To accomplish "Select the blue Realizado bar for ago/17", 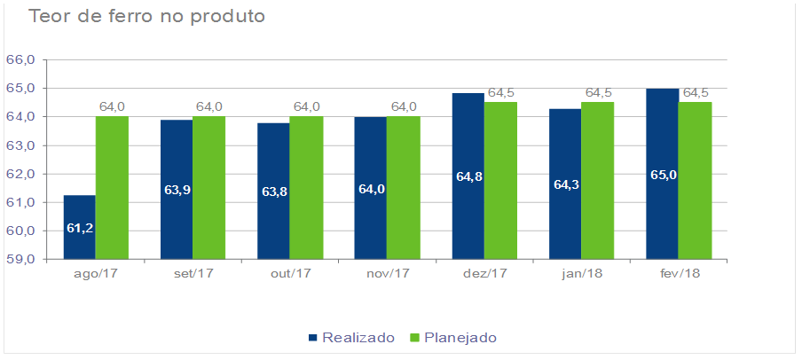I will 79,227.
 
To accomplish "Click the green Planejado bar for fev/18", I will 695,181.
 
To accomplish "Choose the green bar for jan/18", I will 597,181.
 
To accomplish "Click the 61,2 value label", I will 80,228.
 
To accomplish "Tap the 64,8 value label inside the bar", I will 468,176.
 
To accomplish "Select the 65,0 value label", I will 663,175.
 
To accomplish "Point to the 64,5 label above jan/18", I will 598,93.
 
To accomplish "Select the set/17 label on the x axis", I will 193,273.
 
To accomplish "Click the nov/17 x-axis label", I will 387,273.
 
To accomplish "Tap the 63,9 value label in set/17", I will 177,190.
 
